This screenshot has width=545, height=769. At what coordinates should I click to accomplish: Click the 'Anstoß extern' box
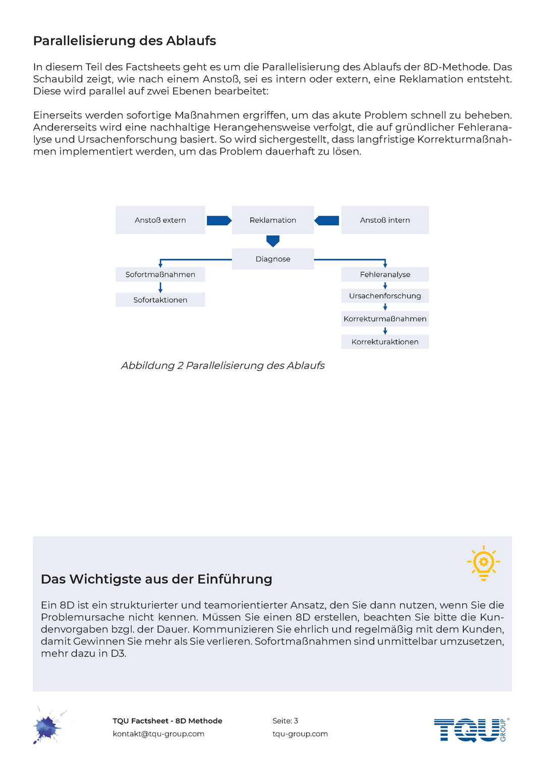(x=160, y=220)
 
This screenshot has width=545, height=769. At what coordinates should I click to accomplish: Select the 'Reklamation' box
(x=272, y=220)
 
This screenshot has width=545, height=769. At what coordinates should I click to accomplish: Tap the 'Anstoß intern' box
(x=385, y=220)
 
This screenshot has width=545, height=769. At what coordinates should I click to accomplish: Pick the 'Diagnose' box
(x=272, y=259)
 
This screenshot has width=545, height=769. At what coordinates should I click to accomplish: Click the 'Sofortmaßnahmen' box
(x=160, y=274)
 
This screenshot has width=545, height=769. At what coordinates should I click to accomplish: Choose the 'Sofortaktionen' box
(x=160, y=300)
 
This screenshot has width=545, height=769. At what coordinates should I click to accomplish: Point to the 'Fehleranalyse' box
(x=385, y=274)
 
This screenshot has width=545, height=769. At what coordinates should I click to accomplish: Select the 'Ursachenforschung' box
(x=385, y=296)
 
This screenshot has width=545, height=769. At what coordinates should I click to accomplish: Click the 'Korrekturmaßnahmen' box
(x=385, y=319)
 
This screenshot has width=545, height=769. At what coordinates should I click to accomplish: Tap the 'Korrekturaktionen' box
(x=385, y=342)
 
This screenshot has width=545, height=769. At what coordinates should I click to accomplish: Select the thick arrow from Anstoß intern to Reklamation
(x=327, y=220)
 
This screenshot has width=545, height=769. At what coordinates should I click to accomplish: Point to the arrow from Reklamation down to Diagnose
(x=273, y=241)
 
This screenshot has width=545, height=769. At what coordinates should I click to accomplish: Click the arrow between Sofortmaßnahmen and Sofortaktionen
(x=160, y=287)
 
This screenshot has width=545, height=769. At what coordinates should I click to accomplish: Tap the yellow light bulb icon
(x=483, y=562)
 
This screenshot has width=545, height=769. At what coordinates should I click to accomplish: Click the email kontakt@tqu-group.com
(x=158, y=734)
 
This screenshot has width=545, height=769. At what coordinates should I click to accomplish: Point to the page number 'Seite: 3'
(x=285, y=720)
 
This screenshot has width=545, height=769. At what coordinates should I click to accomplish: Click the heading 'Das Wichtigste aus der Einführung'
(x=156, y=579)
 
